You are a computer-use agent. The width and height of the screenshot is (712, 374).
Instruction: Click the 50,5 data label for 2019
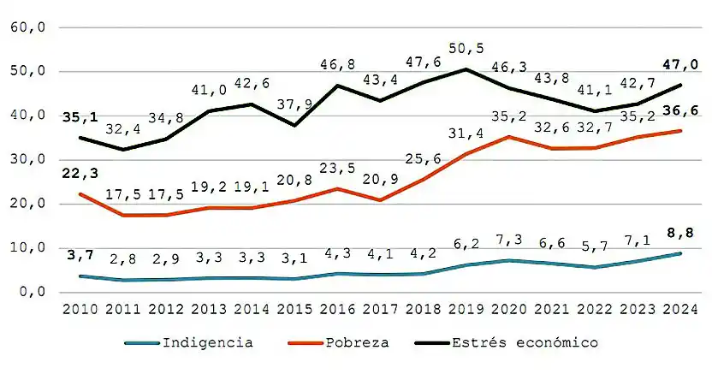(466, 49)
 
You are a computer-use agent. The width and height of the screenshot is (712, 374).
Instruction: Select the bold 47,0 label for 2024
(682, 64)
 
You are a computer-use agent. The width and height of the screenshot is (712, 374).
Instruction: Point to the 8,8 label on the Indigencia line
(682, 232)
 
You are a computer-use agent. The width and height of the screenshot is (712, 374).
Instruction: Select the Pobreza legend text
(357, 342)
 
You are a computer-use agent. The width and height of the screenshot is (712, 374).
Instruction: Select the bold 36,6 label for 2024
(682, 110)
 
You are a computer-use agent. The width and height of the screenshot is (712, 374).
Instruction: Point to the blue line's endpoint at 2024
(680, 253)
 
